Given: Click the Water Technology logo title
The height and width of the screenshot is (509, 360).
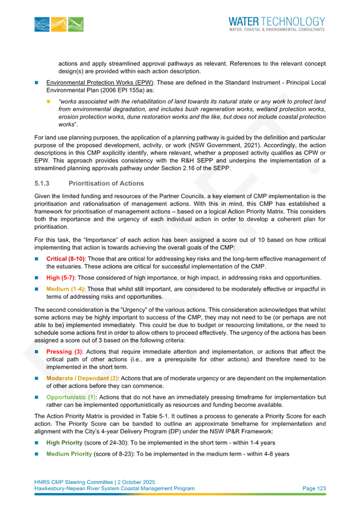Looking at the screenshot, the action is [276, 21].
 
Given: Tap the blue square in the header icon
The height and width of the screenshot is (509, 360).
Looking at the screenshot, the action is [42, 24].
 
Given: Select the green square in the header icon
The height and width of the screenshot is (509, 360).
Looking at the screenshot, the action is [76, 24].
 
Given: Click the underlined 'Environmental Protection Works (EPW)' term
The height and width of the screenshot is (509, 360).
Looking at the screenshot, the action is [99, 82].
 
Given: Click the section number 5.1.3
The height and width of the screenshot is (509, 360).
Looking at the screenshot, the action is [42, 184].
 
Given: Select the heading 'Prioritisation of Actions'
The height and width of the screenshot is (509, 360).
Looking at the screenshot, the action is [106, 184].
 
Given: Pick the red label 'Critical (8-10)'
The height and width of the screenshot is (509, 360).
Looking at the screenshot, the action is [66, 259].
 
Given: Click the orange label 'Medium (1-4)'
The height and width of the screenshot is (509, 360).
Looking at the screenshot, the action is [65, 289].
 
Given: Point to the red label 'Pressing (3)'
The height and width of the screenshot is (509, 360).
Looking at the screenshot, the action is [64, 351].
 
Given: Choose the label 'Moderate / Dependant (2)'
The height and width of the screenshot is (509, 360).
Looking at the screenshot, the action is [83, 378].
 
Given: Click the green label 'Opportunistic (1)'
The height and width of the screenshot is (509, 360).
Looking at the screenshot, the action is [71, 397].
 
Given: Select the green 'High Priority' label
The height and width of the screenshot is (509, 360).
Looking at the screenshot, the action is [64, 442].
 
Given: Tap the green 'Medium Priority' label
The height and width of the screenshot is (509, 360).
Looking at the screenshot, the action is [69, 454].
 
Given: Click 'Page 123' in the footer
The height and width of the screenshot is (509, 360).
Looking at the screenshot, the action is [314, 488].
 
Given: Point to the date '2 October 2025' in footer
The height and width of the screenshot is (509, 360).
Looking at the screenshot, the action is [136, 482].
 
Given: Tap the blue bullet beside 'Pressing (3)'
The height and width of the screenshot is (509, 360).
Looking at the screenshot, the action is [36, 351].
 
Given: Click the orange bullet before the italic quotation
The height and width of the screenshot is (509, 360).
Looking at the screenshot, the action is [49, 102].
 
